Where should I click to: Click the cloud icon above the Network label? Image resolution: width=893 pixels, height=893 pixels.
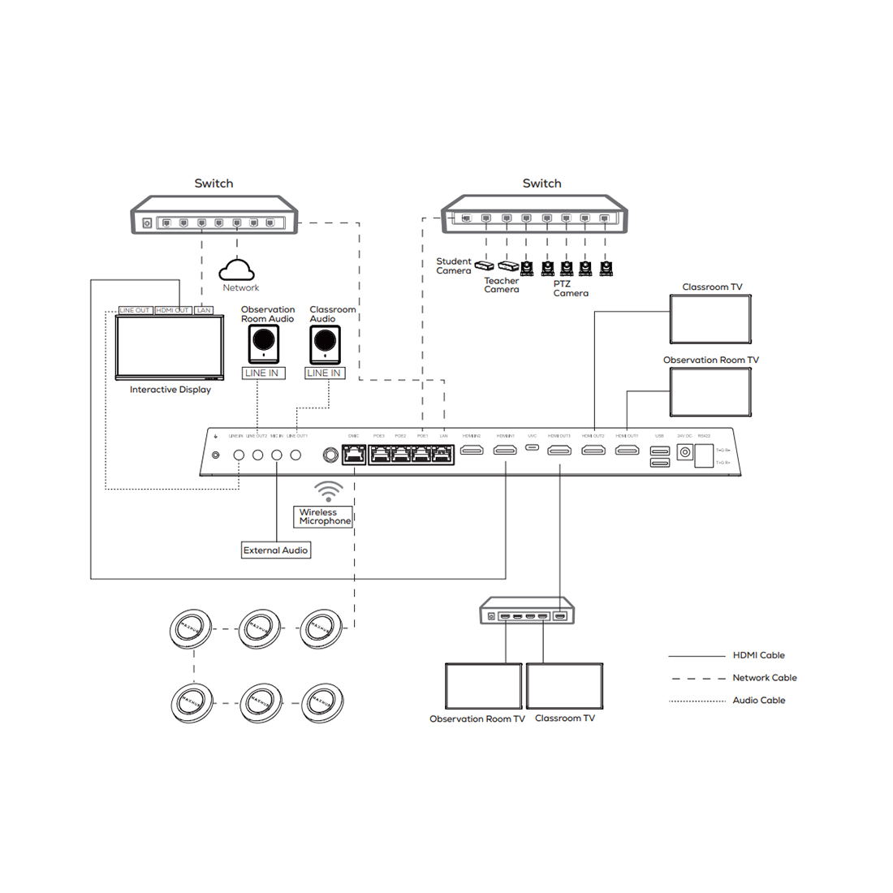tap(236, 270)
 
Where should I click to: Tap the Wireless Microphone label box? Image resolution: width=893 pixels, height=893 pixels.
tap(325, 516)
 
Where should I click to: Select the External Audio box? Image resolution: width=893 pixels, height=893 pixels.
tap(276, 550)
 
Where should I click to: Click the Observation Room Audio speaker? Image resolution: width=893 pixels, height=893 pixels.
tap(264, 344)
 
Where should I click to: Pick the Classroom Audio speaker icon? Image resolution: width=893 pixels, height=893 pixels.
tap(325, 344)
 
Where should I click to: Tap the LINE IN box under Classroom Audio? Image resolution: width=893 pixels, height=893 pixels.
tap(324, 373)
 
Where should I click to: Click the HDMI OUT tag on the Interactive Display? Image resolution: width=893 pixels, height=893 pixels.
tap(172, 310)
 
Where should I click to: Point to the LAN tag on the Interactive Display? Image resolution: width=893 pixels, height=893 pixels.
tap(204, 310)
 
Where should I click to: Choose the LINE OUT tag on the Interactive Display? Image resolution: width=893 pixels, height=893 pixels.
tap(135, 310)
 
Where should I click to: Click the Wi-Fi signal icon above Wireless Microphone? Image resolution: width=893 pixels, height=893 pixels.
tap(329, 491)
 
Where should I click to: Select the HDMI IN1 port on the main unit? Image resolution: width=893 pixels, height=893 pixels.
tap(505, 450)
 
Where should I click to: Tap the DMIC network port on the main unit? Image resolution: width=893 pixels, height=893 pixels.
tap(354, 455)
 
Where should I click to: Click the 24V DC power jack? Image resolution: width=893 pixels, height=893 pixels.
tap(684, 453)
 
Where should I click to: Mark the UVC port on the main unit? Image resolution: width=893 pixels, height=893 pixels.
tap(532, 446)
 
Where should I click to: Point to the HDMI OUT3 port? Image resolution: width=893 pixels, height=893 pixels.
tap(559, 450)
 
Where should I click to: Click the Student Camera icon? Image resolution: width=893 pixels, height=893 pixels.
tap(484, 265)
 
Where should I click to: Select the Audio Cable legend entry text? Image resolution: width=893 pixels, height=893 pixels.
tap(758, 700)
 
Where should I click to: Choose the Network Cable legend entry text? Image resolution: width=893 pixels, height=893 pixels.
tap(764, 678)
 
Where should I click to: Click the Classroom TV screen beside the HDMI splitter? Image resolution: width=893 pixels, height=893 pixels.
tap(564, 686)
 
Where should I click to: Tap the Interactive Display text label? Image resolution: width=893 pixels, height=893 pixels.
tap(170, 390)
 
